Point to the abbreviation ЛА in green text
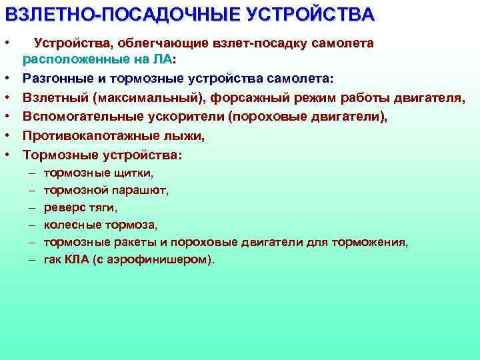[162, 60]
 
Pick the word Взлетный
[55, 98]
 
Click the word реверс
[63, 207]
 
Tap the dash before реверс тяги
[31, 207]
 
